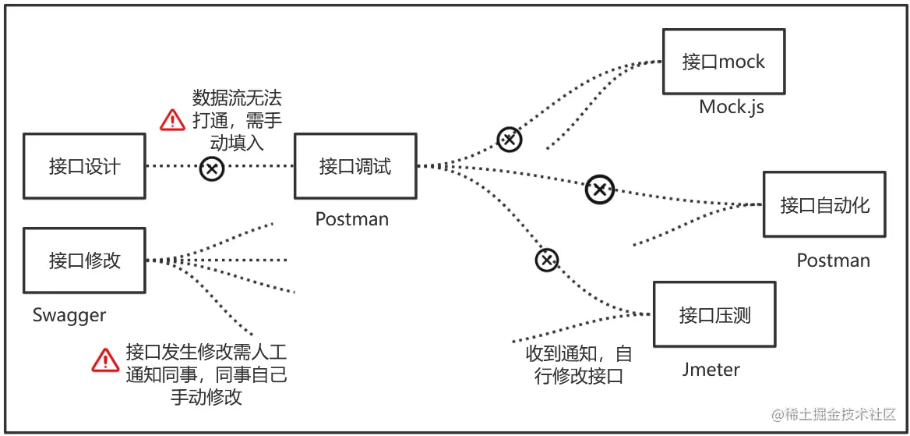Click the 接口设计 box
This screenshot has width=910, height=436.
click(84, 166)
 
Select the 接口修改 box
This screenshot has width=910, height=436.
click(84, 261)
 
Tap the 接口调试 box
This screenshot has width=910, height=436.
click(355, 166)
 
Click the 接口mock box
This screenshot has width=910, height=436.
click(723, 62)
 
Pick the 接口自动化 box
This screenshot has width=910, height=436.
click(824, 204)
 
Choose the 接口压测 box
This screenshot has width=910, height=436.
click(714, 314)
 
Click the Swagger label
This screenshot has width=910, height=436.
click(69, 315)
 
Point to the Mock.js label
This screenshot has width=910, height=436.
click(732, 107)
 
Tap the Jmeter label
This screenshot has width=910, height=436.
click(711, 369)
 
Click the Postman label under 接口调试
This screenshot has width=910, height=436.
click(351, 219)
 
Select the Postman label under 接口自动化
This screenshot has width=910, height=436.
click(833, 261)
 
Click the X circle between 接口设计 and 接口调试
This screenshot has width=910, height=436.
click(212, 168)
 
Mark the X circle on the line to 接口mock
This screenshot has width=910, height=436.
click(510, 140)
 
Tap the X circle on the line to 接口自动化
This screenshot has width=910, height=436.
click(599, 188)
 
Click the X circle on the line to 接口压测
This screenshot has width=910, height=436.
click(547, 260)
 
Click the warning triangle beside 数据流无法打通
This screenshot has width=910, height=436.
click(172, 120)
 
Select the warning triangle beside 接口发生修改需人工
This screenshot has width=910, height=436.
click(105, 360)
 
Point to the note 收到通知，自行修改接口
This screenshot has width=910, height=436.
click(578, 364)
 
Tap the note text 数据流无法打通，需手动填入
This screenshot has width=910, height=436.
click(237, 120)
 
